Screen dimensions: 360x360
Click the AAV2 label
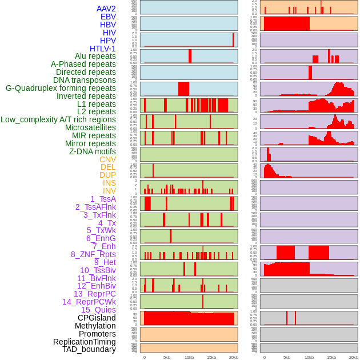(106, 9)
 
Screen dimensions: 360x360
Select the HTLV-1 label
(102, 49)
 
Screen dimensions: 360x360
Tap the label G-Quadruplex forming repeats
(61, 88)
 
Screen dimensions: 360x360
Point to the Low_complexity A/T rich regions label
(58, 119)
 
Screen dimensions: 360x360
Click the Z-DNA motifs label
(92, 151)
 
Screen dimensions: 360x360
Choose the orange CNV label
(107, 159)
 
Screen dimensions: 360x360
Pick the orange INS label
(109, 183)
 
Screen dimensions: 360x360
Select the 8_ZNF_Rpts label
(93, 254)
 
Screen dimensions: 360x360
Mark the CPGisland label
(97, 318)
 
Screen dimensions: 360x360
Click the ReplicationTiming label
(84, 342)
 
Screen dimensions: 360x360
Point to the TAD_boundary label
(89, 349)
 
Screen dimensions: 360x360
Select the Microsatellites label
(90, 127)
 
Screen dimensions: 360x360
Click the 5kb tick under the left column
(167, 357)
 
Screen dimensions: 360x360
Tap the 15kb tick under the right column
(331, 357)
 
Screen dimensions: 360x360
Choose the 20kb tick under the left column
(233, 357)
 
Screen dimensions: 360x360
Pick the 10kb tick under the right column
(309, 357)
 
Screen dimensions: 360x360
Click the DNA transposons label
(85, 80)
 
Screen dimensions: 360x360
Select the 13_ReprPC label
(94, 294)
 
